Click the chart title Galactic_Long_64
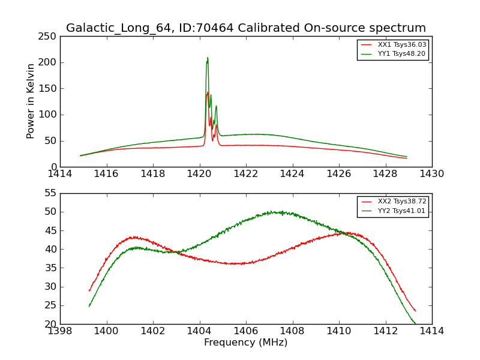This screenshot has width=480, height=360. point(245,28)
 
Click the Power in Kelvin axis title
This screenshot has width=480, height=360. point(31,101)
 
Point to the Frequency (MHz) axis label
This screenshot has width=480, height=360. point(245,343)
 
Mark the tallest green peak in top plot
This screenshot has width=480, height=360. point(208,58)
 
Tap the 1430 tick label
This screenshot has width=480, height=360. point(431,174)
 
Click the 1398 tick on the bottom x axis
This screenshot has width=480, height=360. point(60,331)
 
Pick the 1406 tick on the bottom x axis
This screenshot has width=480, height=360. point(245,331)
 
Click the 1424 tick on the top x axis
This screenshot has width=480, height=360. point(292,174)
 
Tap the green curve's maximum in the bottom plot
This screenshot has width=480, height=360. point(271,211)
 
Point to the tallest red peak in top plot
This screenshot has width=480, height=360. point(208,92)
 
